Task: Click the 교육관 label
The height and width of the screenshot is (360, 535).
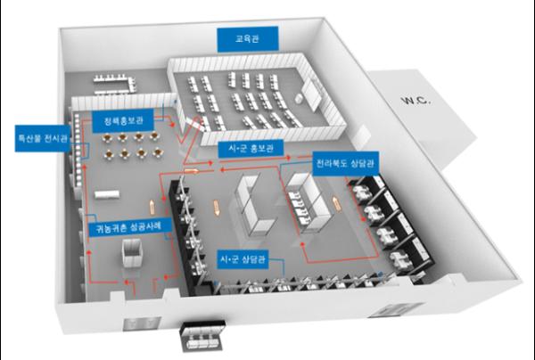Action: coord(242,39)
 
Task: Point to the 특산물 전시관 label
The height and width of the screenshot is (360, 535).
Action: coord(36,140)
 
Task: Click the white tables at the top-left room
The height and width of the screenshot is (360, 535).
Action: coord(114,83)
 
